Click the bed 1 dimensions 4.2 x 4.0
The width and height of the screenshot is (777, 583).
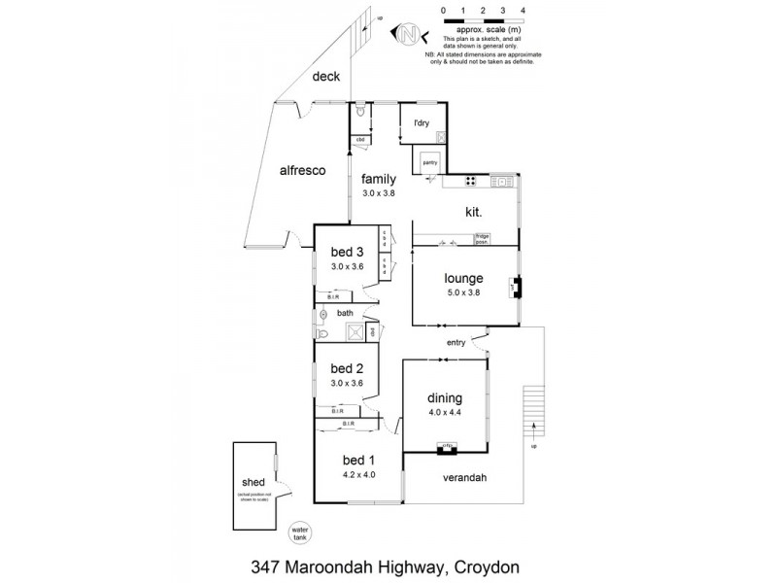coord(357,474)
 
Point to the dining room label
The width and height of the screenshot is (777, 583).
coord(444,397)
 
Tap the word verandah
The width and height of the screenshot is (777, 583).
coord(466,478)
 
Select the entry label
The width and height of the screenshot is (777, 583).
coord(456,343)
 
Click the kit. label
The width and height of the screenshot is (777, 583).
coord(474,211)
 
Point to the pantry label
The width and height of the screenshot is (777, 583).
coord(429,162)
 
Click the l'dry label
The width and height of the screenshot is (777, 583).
coord(421,122)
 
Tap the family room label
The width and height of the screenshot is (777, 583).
coord(377,179)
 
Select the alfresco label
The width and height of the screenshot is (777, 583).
coord(301,169)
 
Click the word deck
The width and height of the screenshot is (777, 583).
coord(325,77)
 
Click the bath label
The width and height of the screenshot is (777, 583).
coord(345,313)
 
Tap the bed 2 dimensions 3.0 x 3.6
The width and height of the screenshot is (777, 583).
coord(347,383)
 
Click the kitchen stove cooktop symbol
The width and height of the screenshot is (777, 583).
coord(469,180)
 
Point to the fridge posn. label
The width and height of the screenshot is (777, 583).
coord(482,238)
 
